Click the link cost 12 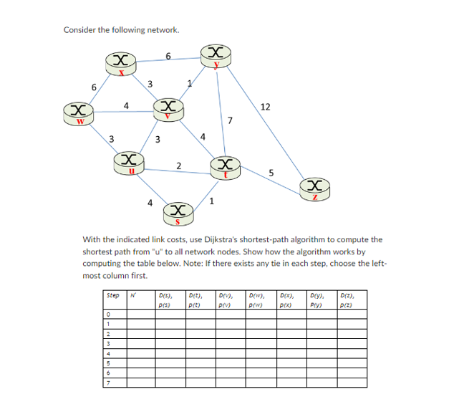pyautogui.click(x=265, y=107)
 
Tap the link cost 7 pyautogui.click(x=230, y=120)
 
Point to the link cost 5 pyautogui.click(x=271, y=172)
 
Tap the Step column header pyautogui.click(x=113, y=294)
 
